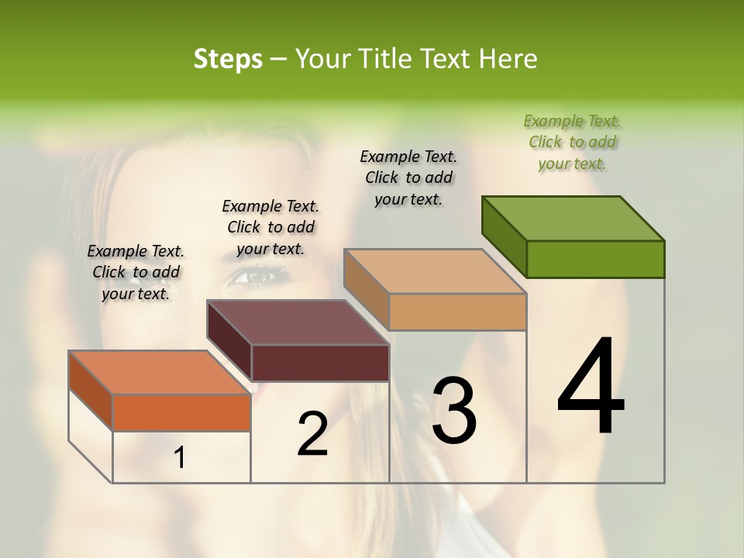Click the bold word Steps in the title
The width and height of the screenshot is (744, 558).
pos(228,59)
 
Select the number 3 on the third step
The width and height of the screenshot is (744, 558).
pos(453,410)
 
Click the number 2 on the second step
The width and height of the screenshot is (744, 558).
pos(312,434)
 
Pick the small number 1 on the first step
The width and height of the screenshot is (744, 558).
pos(180,458)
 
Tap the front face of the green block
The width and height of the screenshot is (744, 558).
pos(595,259)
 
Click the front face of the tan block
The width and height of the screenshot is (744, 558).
pos(457,312)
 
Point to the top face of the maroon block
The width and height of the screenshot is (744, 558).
pos(298,322)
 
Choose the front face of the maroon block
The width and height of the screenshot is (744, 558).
pos(320,363)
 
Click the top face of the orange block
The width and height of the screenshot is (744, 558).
pos(160,373)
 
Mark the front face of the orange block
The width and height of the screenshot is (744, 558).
pos(181,412)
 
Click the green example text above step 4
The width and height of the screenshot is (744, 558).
pos(572,142)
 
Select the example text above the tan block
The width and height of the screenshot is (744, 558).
pos(408,177)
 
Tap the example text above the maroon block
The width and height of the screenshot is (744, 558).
pos(270,227)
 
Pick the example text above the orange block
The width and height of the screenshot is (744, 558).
pos(136,272)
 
